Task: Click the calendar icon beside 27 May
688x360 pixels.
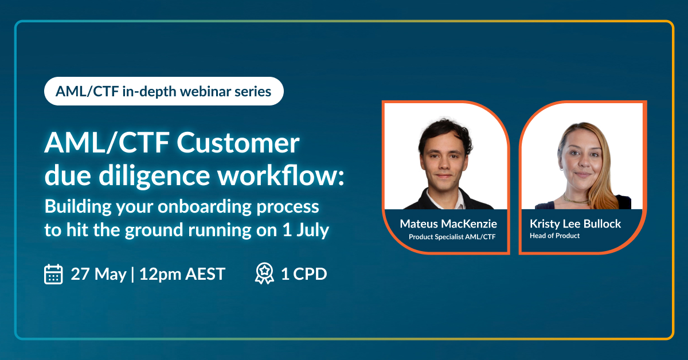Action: (x=53, y=274)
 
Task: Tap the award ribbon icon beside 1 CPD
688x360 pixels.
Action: (x=264, y=273)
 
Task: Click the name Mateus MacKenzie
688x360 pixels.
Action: (x=448, y=224)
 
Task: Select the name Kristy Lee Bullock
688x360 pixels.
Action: (x=575, y=224)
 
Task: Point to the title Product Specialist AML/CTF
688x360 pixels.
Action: (x=452, y=237)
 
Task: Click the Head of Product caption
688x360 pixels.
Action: (x=555, y=236)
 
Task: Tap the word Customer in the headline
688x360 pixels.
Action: (x=238, y=143)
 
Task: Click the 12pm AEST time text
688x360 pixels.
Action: (x=182, y=273)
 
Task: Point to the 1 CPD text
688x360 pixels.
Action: (x=304, y=273)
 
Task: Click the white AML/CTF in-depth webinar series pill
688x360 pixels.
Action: (x=164, y=91)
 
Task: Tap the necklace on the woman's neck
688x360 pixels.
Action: (x=576, y=199)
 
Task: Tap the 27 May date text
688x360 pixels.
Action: (x=99, y=274)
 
